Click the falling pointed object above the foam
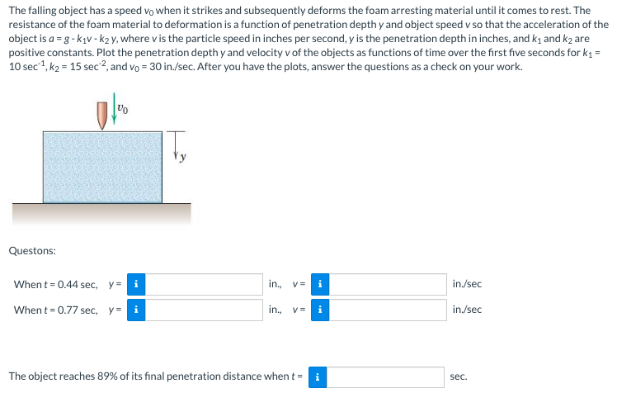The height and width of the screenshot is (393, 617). [102, 115]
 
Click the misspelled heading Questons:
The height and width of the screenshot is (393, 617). [32, 250]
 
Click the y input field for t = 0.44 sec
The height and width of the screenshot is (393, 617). [205, 285]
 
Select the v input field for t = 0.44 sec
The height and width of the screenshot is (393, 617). [389, 285]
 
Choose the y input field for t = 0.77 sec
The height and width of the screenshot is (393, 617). [205, 310]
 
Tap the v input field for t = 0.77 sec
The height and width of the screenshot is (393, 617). [389, 310]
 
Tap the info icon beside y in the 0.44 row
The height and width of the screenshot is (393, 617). [136, 285]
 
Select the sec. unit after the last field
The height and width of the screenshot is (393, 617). [459, 376]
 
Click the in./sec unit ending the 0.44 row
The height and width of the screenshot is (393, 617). [467, 285]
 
